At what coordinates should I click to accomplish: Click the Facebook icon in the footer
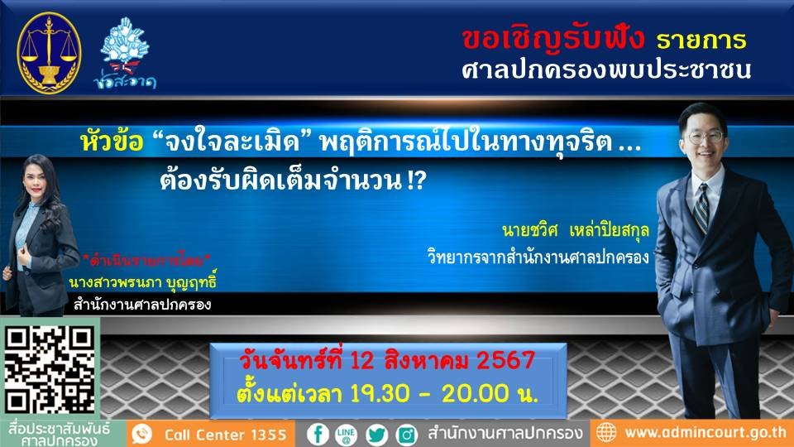(x=318, y=434)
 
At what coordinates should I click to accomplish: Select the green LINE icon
(x=347, y=434)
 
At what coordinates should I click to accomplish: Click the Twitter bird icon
(x=377, y=434)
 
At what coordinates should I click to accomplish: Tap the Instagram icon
(x=406, y=434)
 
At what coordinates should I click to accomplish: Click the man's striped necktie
(x=701, y=208)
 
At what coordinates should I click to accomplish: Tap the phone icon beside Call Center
(x=142, y=434)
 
